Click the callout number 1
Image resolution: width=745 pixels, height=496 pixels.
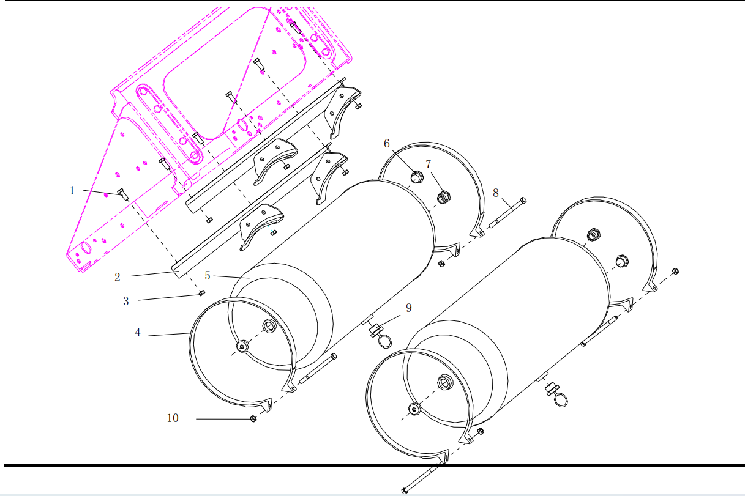(x=72, y=191)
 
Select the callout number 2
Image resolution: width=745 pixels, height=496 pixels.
(x=118, y=278)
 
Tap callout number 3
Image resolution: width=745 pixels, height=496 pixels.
(x=126, y=301)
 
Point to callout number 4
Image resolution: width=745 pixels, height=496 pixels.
(x=138, y=333)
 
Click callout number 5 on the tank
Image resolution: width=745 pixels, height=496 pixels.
(x=208, y=276)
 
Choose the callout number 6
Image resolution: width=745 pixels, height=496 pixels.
(x=387, y=143)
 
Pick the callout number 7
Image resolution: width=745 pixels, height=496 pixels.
(x=429, y=164)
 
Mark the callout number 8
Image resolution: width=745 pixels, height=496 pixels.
(x=495, y=193)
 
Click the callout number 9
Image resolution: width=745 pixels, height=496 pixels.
(x=408, y=308)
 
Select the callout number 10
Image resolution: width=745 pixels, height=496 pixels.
(x=173, y=418)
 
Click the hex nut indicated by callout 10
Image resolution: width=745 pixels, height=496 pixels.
(x=253, y=419)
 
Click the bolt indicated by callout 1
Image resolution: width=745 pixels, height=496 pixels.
(x=122, y=194)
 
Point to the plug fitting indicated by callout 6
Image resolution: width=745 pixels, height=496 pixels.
(x=416, y=178)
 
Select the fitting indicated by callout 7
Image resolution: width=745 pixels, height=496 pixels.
(x=444, y=197)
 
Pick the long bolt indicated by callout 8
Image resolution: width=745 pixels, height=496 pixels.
(x=507, y=213)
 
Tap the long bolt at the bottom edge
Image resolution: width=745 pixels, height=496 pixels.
(x=420, y=478)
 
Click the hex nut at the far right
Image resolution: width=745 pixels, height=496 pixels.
(x=675, y=271)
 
